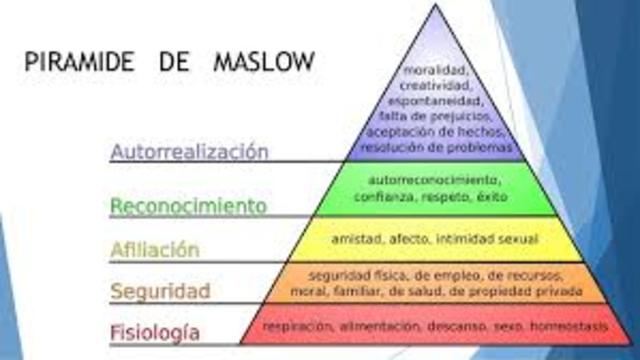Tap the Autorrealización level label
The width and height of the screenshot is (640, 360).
190,153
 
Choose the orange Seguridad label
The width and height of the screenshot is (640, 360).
160,292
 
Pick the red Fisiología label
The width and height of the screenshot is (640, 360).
155,331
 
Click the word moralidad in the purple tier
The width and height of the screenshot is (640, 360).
433,70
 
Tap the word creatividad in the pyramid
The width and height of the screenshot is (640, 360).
433,86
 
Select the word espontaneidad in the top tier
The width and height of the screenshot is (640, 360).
433,101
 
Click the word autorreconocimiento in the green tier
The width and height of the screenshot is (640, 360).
433,180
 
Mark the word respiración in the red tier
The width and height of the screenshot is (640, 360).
297,326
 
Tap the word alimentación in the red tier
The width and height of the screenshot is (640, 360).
376,326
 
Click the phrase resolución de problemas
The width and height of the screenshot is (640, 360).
433,147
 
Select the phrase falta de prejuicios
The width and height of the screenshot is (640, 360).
433,116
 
